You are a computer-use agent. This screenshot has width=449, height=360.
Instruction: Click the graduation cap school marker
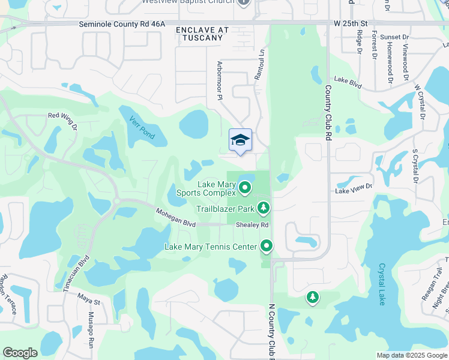240,139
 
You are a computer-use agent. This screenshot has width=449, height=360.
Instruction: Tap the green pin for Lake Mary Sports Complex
245,188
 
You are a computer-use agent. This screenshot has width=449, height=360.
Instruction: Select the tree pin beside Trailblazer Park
263,208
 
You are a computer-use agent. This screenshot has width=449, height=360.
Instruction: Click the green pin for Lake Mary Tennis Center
266,246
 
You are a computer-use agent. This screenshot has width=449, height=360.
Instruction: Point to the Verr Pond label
142,127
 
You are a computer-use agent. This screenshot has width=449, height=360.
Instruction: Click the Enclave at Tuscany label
199,33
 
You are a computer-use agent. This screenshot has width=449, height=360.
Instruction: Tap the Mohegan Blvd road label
176,217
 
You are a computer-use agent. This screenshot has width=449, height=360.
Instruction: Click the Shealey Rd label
251,224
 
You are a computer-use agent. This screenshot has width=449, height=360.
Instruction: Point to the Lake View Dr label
354,189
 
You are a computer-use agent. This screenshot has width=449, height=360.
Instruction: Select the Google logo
20,353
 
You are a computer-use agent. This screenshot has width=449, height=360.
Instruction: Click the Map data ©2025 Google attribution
411,355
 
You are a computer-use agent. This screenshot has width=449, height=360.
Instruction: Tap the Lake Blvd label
348,82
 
